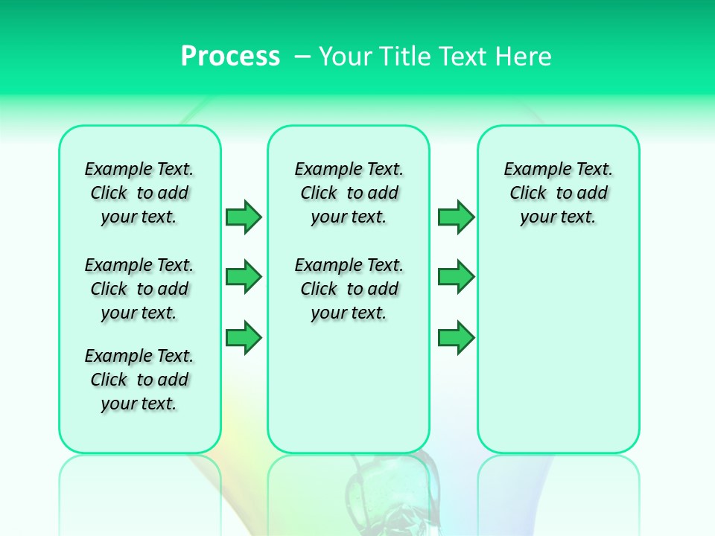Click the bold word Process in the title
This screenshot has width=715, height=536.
[x=230, y=57]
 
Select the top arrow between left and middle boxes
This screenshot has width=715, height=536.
[x=244, y=217]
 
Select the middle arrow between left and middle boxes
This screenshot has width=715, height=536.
[x=244, y=277]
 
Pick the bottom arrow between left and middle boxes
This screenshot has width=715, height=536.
[x=244, y=337]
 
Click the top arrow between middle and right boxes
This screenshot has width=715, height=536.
[x=456, y=217]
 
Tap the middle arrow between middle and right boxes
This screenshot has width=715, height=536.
[x=456, y=277]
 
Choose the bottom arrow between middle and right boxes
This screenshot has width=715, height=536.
[x=456, y=337]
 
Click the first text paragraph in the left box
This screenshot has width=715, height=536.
[x=139, y=193]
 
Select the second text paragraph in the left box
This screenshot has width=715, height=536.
[x=139, y=289]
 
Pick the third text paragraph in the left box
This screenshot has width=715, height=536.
[x=139, y=380]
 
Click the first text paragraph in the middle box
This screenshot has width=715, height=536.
[x=349, y=193]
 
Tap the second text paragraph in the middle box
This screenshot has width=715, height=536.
[x=349, y=289]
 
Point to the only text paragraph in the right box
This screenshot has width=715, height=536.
[x=559, y=193]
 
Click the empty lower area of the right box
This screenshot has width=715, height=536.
[x=559, y=350]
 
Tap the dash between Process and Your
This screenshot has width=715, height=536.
[x=302, y=57]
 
